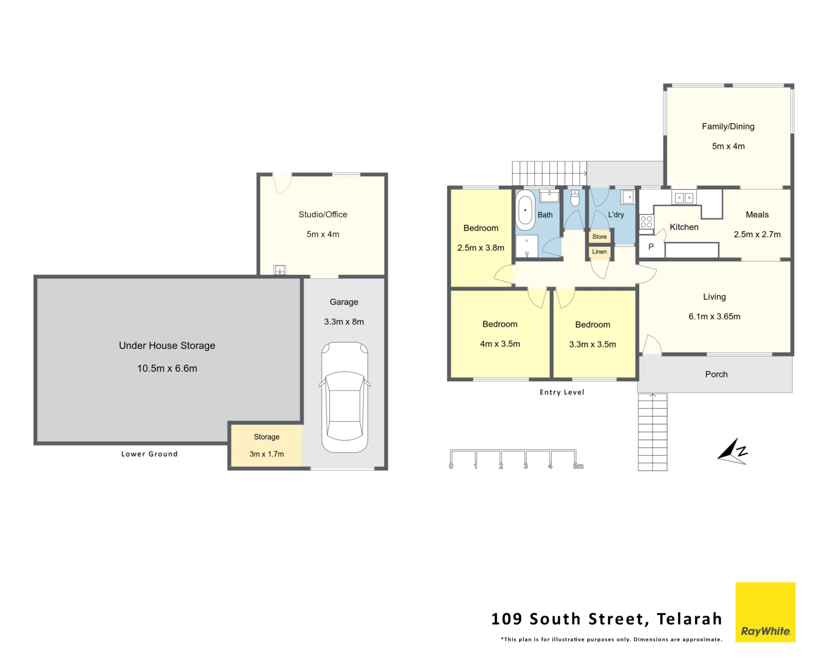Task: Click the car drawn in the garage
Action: pos(344,397)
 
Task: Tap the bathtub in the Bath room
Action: pos(525,210)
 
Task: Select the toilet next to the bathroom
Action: pos(575,198)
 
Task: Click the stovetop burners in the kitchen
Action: pos(646,222)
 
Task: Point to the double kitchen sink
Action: pos(684,198)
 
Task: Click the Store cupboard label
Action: pos(599,237)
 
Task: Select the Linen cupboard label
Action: pos(599,251)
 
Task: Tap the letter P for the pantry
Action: pos(651,247)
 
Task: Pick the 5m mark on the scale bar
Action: pos(578,466)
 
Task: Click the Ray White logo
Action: pos(765,612)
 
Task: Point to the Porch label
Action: pos(716,374)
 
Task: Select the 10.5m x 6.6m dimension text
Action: pos(167,369)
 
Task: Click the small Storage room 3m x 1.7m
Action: pos(266,445)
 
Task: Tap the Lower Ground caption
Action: pos(149,454)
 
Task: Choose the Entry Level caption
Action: pos(562,392)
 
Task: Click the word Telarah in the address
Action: pos(689,619)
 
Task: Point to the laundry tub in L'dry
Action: pos(628,197)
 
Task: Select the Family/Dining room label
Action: pos(728,127)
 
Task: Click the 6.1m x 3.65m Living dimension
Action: pos(715,317)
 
